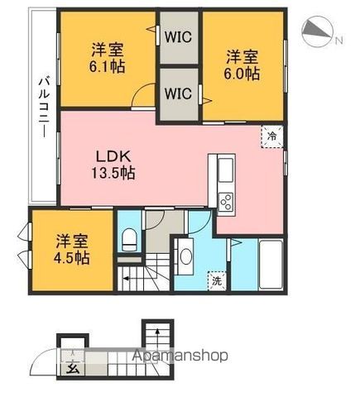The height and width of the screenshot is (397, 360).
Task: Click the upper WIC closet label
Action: click(178, 37)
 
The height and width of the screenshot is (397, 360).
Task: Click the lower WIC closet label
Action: click(178, 93)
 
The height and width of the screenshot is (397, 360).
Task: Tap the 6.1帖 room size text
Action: click(107, 66)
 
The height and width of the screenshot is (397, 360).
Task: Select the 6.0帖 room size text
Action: click(242, 74)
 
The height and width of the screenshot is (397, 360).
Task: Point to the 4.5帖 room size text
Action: click(72, 258)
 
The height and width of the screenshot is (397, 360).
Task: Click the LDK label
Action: click(113, 157)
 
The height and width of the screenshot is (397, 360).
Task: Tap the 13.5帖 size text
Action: click(113, 173)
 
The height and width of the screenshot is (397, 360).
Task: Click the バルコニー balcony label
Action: click(44, 108)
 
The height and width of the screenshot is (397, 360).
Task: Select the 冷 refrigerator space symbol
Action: click(272, 136)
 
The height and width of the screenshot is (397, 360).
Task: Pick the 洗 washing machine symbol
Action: click(217, 281)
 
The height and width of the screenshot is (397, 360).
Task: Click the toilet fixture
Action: click(129, 240)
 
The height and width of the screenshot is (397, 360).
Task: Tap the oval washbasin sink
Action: click(186, 257)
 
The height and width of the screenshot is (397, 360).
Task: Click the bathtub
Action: click(271, 265)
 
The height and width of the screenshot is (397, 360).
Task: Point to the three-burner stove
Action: click(226, 203)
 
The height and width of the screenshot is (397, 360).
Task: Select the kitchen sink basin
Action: click(226, 170)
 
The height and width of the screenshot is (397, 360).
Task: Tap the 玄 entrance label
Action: click(73, 368)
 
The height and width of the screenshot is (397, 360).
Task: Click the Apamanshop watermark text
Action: click(180, 356)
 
